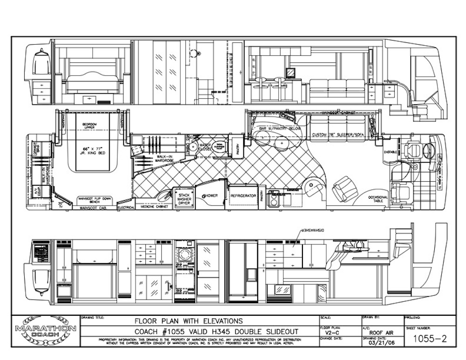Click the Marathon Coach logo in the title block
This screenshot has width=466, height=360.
pos(46,331)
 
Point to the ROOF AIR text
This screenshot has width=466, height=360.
pos(381,333)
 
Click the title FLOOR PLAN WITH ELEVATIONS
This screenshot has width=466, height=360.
pos(188,321)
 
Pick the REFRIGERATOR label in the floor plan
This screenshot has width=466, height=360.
pos(244,196)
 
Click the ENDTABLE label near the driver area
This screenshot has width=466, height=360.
pos(391,152)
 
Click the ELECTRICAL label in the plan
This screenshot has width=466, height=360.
pos(126,207)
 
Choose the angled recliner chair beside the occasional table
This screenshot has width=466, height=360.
pos(344,189)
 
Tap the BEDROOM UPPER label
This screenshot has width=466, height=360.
pos(89,126)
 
